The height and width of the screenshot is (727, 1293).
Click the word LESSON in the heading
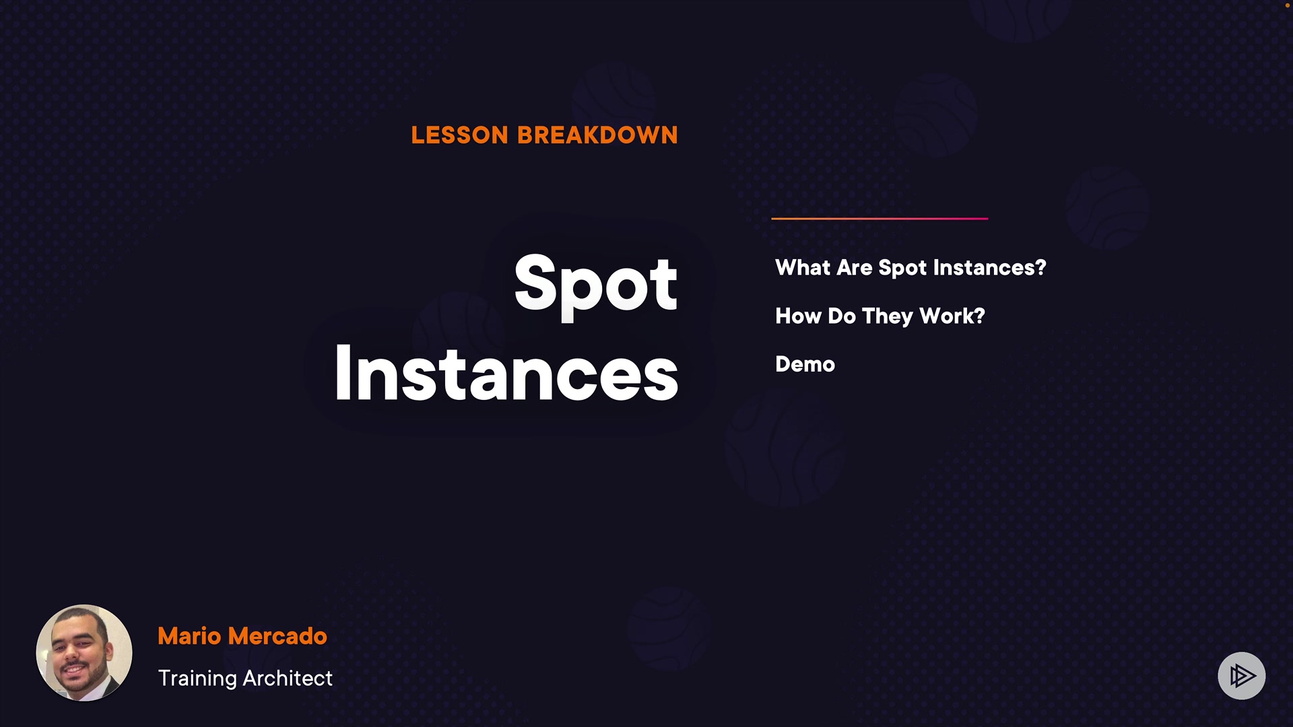point(459,135)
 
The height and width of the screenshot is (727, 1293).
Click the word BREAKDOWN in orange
point(597,135)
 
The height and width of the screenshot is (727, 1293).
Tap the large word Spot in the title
point(596,284)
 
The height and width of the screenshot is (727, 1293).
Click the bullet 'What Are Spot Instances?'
point(910,268)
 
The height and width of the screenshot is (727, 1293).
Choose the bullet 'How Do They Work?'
point(880,316)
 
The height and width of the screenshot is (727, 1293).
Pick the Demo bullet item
point(805,364)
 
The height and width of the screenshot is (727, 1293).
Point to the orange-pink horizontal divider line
point(880,218)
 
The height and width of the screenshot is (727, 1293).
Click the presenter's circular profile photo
point(84,653)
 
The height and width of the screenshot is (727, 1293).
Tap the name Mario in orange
point(189,636)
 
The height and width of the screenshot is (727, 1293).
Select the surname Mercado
point(277,636)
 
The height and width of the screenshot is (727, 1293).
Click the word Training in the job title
point(197,679)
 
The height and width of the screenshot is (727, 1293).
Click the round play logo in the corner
point(1242,675)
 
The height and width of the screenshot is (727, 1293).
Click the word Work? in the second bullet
point(952,316)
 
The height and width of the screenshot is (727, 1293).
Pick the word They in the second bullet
point(888,316)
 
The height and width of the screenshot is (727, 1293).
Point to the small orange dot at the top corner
point(1288,5)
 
